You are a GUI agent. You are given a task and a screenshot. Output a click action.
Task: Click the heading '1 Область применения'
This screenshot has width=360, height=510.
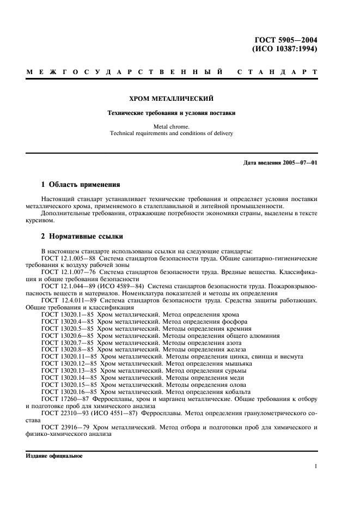pyautogui.click(x=81, y=185)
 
